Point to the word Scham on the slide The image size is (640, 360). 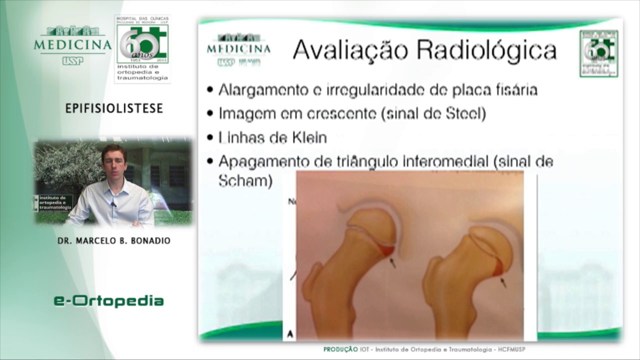point(245,180)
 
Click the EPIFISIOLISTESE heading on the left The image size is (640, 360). point(114,108)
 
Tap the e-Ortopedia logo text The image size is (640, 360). point(108,301)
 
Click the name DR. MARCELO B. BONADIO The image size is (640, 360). point(114,240)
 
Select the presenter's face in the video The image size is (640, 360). point(113,161)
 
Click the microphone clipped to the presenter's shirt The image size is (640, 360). point(113,203)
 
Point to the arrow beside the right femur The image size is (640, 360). point(503,282)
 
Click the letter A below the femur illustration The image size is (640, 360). point(290,333)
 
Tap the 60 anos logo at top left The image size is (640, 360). point(142,47)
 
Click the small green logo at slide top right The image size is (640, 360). point(598,53)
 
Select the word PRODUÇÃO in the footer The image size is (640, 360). point(340,349)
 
